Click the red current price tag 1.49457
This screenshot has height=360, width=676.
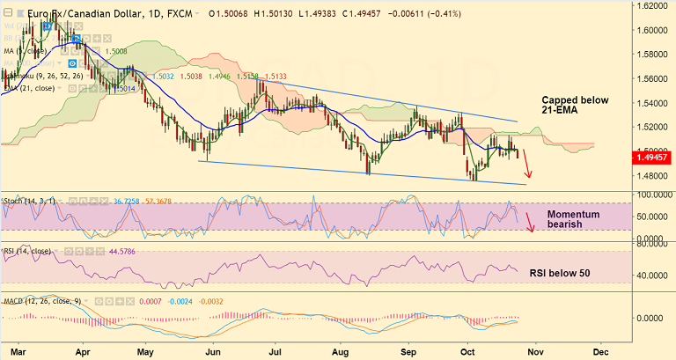point(654,158)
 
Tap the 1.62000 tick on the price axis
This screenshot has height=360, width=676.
point(654,5)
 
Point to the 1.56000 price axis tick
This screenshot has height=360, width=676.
point(654,78)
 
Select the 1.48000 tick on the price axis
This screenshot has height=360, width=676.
point(654,175)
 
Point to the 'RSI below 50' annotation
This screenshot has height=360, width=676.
point(559,273)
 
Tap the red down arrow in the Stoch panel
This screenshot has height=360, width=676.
point(530,223)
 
